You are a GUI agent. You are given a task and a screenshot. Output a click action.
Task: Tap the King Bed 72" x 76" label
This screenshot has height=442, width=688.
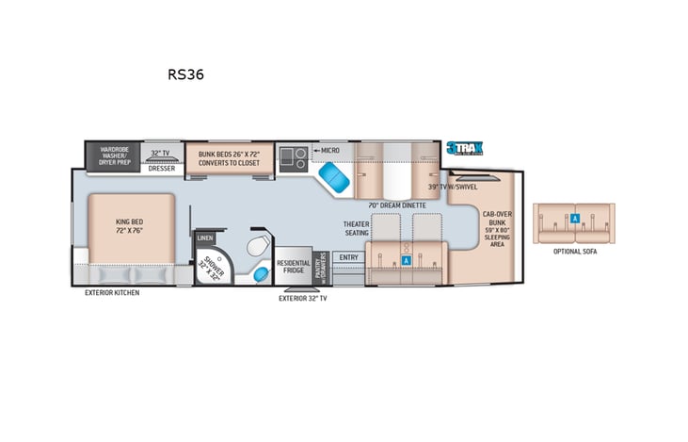(x=131, y=226)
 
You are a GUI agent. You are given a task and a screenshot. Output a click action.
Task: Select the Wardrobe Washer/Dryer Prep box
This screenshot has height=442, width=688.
(x=113, y=156)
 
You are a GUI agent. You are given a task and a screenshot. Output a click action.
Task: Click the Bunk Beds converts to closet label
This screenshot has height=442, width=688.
(x=227, y=157)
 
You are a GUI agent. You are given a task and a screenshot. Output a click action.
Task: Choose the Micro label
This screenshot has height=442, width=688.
(x=328, y=150)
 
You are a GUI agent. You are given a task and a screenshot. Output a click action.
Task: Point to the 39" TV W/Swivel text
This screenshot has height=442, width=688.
(x=455, y=188)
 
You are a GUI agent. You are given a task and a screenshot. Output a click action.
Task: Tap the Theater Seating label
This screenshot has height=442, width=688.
(x=354, y=228)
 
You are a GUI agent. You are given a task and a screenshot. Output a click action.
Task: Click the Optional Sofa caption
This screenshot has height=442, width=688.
(x=574, y=252)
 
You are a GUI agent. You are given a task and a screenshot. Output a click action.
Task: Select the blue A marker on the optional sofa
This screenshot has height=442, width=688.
(x=574, y=218)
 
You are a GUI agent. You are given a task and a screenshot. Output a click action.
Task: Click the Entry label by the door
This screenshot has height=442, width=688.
(x=348, y=257)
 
